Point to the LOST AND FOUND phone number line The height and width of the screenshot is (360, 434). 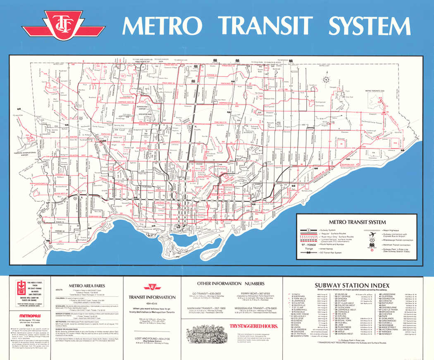click(x=152, y=338)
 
